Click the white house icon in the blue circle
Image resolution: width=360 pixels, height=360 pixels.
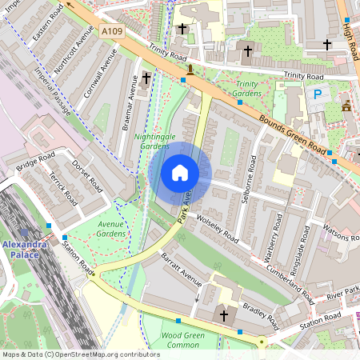pos(180,173)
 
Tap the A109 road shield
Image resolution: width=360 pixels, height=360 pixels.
pos(112,30)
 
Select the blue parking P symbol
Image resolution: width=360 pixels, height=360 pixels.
pos(317,94)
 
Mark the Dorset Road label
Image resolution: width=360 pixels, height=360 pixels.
pos(89,178)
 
